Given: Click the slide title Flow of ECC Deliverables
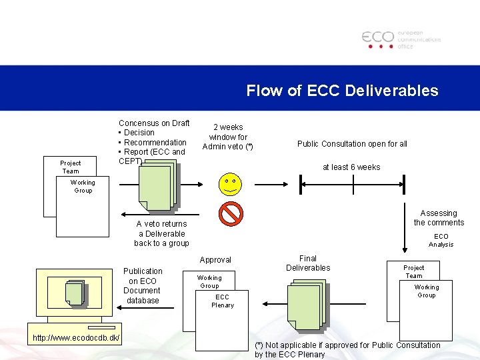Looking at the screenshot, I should pos(342,91).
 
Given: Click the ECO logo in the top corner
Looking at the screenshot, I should pos(401,39).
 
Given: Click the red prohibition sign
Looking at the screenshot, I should pos(231,214).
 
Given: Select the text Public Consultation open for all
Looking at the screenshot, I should pos(352,144).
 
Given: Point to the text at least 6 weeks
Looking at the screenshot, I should pos(351,167).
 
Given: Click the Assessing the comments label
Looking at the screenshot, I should pos(439,218).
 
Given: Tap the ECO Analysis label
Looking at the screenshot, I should pos(441,240).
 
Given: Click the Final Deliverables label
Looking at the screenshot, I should pos(308,263).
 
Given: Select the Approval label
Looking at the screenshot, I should pos(215,260).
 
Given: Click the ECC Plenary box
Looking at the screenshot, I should pos(222,301).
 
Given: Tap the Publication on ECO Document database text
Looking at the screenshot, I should pos(143,286).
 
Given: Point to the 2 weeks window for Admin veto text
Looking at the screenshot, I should pos(227,137).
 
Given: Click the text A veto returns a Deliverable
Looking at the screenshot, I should pos(161,233).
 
